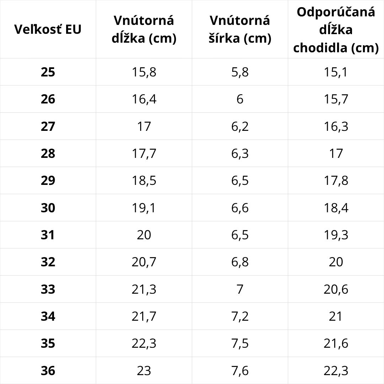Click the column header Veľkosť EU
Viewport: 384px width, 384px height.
48,30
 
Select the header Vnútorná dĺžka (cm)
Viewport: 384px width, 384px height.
144,30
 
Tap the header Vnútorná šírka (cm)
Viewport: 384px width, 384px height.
240,30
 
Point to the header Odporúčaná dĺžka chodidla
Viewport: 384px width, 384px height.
336,30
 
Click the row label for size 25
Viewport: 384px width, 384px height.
48,72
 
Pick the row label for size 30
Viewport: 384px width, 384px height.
48,208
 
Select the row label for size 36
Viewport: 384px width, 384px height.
48,370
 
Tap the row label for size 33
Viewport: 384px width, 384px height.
48,289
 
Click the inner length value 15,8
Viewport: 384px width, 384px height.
144,72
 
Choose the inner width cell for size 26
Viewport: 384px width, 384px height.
240,99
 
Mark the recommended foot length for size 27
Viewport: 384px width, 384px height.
336,126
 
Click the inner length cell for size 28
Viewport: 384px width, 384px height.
144,154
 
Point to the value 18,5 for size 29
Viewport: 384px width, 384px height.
144,181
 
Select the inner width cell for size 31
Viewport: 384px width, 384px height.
240,235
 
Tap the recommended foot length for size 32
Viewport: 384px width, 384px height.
336,262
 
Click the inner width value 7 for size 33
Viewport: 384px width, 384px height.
240,289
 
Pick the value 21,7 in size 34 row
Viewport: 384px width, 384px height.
144,316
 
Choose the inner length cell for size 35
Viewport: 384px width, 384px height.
144,343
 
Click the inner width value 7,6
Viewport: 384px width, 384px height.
240,370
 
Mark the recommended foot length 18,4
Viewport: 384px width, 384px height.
336,208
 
